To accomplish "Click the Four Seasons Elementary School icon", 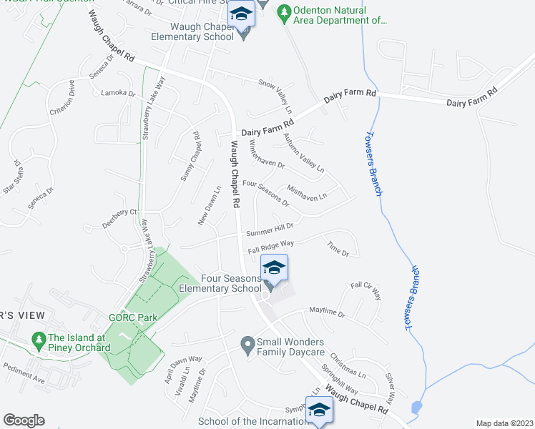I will coord(273,269).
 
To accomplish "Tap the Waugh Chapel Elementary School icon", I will coord(241,14).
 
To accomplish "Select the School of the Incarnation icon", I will coord(319,410).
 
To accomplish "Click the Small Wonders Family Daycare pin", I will coord(247,346).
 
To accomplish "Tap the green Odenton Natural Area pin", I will coord(284,12).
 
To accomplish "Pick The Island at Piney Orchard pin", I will coord(36,339).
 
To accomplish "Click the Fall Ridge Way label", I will coord(271,247).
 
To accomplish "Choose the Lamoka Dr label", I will coord(118,93).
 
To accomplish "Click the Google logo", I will coord(24,420).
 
